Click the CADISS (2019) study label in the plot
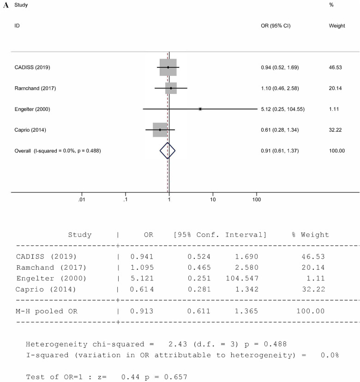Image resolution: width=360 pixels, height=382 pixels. click(32, 67)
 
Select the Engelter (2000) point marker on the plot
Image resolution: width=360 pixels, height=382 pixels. click(200, 109)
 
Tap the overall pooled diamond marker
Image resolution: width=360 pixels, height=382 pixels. click(168, 151)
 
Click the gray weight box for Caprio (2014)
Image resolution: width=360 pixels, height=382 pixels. click(160, 130)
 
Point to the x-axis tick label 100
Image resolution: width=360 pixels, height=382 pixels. click(256, 200)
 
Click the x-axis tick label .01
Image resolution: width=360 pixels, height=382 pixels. click(82, 200)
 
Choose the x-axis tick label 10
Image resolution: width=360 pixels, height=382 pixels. click(213, 200)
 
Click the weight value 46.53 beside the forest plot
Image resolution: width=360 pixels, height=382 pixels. click(335, 67)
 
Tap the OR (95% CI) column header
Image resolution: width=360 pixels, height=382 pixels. click(276, 26)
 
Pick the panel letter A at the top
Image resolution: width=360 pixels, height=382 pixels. click(6, 5)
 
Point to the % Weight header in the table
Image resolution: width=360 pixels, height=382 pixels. click(310, 235)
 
